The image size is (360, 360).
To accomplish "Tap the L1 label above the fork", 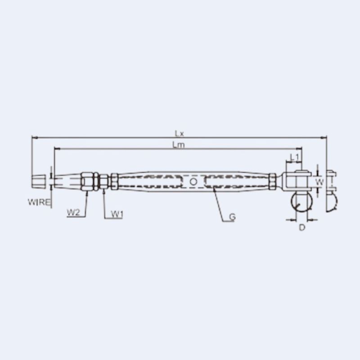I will [294, 157].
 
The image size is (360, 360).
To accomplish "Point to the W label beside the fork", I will [319, 182].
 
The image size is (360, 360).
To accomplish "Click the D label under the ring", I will [302, 228].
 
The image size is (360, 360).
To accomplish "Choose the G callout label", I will [232, 217].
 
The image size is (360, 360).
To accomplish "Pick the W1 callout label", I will [117, 215].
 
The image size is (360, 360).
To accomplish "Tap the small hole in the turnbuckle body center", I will [193, 181].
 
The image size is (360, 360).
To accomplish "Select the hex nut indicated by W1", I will [103, 181].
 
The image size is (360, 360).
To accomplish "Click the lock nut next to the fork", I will [273, 181].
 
